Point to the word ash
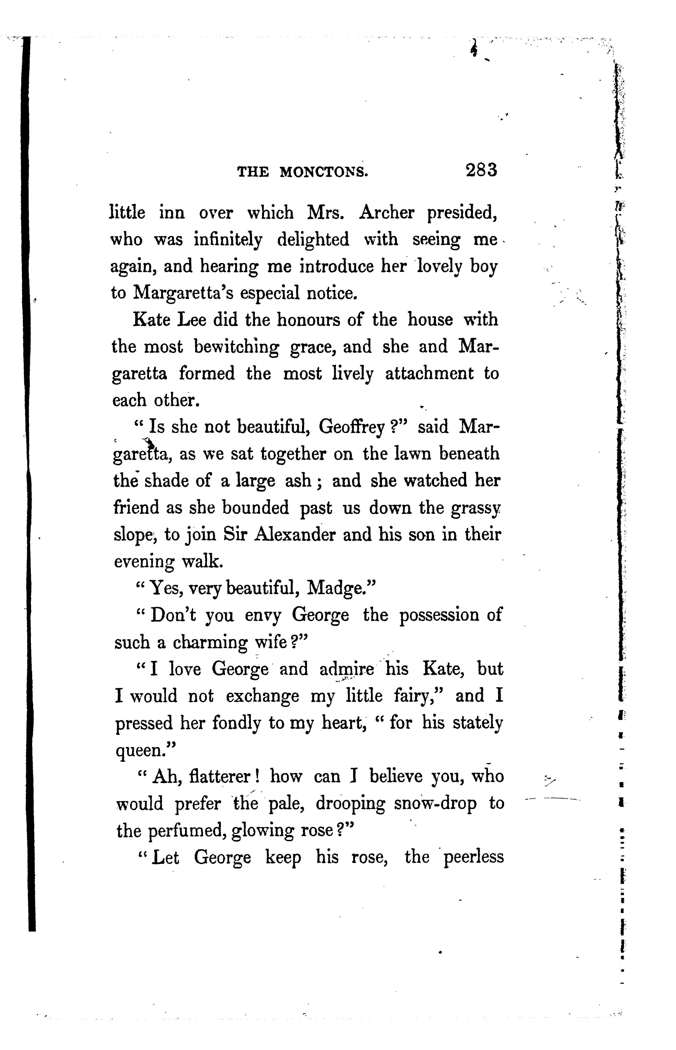tap(298, 481)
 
